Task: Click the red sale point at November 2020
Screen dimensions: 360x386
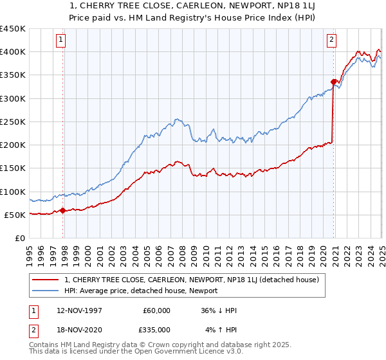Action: coord(333,82)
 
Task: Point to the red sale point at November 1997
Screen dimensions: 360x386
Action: coord(62,210)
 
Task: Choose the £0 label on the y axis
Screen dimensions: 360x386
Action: coord(20,238)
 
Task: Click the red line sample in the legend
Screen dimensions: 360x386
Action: coord(46,280)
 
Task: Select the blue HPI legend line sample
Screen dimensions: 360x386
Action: coord(46,291)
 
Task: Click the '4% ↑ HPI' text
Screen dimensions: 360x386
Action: coord(221,330)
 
